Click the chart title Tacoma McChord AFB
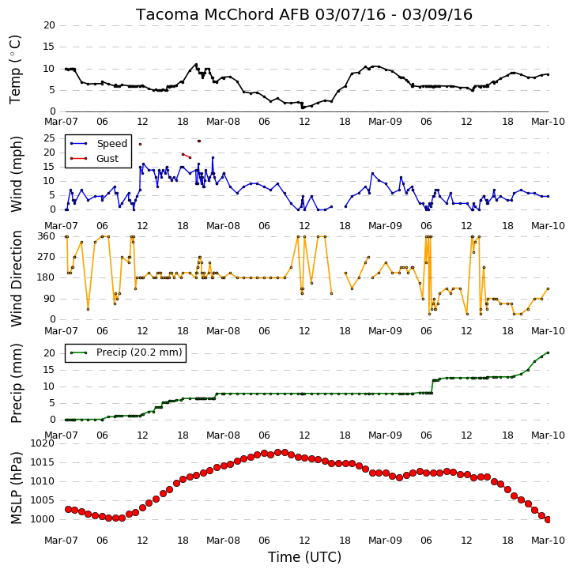coord(224,14)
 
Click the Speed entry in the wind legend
coord(111,144)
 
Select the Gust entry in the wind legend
coord(107,159)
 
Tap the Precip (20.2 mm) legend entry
coord(139,352)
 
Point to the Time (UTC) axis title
coord(304,557)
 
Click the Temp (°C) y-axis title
coord(15,70)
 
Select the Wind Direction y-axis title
coord(17,278)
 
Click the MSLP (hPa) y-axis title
coord(17,488)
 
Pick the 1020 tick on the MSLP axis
coord(43,443)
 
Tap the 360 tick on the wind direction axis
coord(46,236)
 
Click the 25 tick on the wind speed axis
coord(49,138)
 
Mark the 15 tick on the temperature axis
coord(49,47)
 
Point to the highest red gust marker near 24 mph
coord(199,141)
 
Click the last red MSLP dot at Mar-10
coord(548,519)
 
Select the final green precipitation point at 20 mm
coord(548,352)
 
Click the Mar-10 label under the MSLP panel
coord(548,540)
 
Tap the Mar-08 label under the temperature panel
coord(224,122)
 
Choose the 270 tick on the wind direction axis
coord(46,257)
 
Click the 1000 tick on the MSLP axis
coord(43,519)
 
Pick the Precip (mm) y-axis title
coord(17,383)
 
